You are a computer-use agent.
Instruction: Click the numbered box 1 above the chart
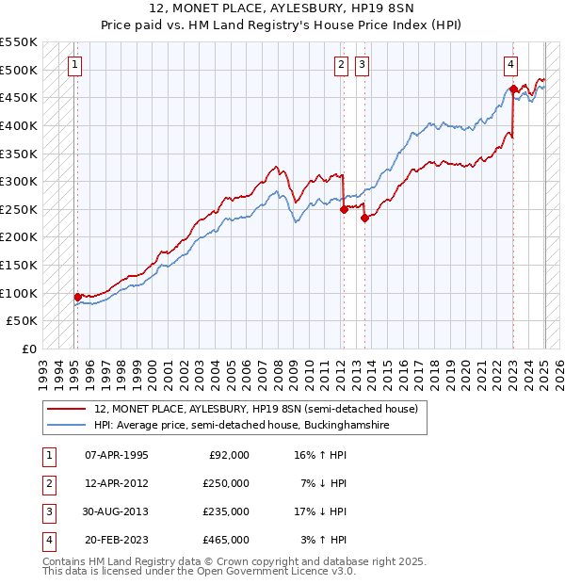point(74,65)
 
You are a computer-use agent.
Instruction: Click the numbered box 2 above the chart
point(340,65)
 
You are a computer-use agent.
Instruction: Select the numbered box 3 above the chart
point(362,65)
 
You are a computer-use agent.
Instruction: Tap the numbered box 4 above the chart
point(509,65)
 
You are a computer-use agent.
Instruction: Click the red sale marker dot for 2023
point(513,89)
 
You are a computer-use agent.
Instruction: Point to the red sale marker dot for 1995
point(77,297)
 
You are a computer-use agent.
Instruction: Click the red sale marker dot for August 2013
point(363,218)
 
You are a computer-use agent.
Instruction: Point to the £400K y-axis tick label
point(19,125)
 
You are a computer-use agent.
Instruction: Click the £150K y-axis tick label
point(19,265)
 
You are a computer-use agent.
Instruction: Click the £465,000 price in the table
point(226,540)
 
